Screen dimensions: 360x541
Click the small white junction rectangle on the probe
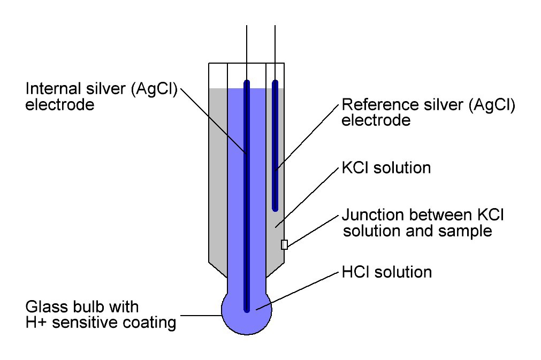click(284, 244)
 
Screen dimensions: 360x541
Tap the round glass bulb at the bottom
click(235, 316)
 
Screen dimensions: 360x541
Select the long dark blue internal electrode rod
click(247, 214)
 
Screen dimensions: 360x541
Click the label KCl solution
click(386, 167)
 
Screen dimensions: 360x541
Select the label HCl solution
click(386, 272)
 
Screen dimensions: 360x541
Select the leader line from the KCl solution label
click(308, 198)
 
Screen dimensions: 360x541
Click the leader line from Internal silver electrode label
click(214, 120)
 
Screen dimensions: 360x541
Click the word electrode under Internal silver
click(60, 104)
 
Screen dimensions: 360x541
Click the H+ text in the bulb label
click(35, 323)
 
